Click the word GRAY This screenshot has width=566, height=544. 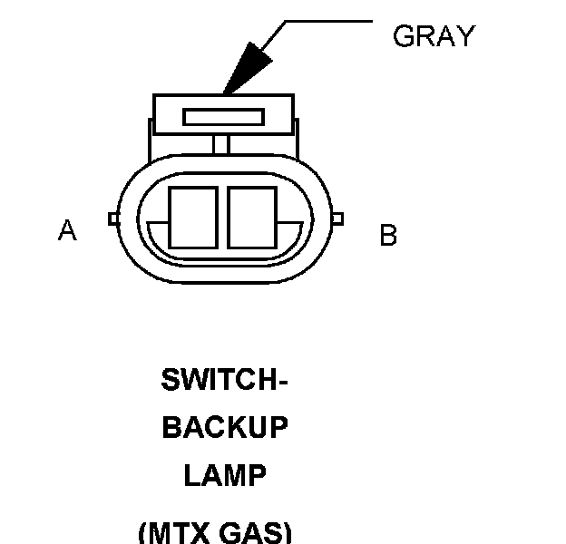pyautogui.click(x=434, y=36)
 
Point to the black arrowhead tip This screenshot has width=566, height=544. pyautogui.click(x=224, y=92)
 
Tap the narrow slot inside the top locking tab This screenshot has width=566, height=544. pyautogui.click(x=223, y=117)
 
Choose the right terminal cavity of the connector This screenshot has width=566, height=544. pyautogui.click(x=251, y=217)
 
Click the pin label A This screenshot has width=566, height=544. pyautogui.click(x=67, y=231)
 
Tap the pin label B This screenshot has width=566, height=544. pyautogui.click(x=388, y=236)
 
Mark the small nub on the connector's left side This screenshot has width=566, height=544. pyautogui.click(x=112, y=219)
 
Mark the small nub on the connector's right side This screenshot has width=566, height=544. pyautogui.click(x=337, y=219)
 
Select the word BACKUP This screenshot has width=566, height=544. pyautogui.click(x=225, y=428)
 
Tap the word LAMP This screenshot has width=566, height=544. pyautogui.click(x=225, y=476)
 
